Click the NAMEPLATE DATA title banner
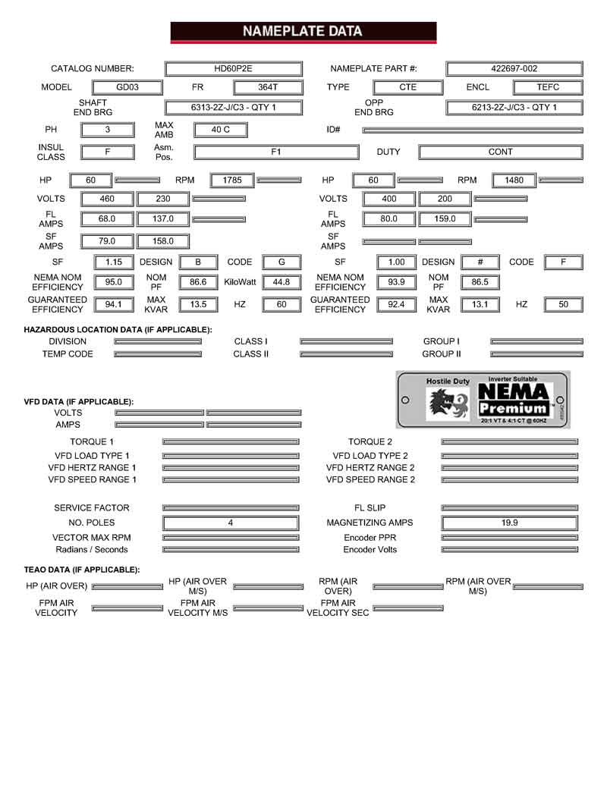303,32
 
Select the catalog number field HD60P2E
233,68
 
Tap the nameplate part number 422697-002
514,68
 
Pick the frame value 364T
268,87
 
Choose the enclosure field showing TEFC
548,87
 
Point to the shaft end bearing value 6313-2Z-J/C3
233,108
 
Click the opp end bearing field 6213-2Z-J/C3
514,108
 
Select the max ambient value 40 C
221,130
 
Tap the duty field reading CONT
500,152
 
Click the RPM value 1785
231,181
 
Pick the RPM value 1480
514,181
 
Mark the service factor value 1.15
114,262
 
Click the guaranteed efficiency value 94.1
114,305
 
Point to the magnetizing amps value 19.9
509,523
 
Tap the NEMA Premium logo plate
482,400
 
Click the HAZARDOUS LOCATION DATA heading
118,330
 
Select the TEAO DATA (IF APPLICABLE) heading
82,569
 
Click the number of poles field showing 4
231,523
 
